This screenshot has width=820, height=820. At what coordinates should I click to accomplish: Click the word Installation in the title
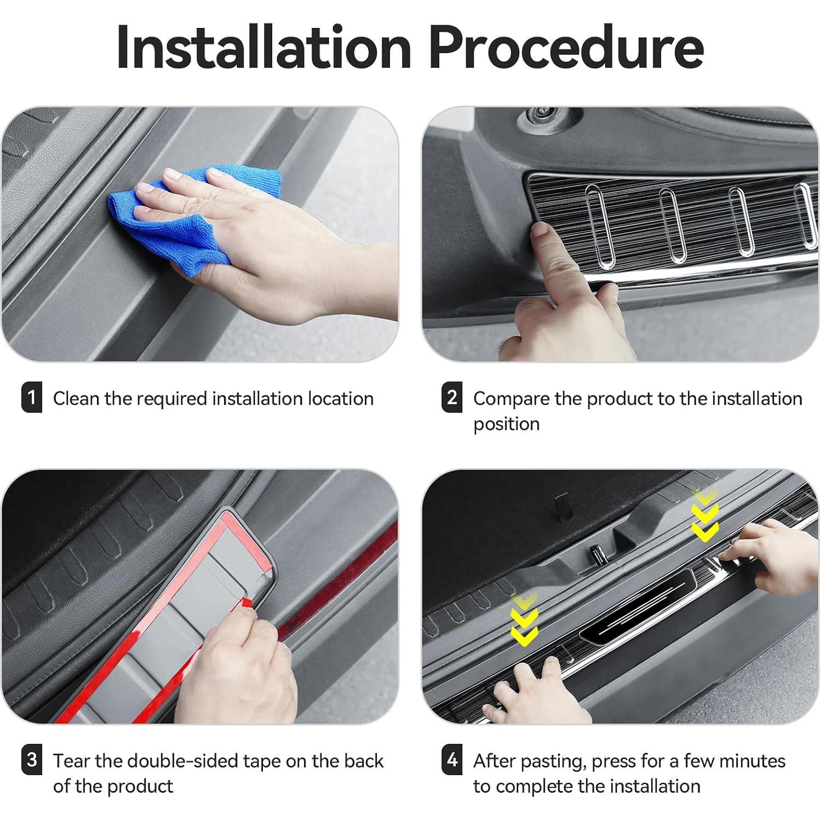[263, 48]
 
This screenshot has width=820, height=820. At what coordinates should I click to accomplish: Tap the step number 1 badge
[31, 398]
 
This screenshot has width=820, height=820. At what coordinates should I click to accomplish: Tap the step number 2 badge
[451, 398]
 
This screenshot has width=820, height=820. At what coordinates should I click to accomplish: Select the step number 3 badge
[31, 760]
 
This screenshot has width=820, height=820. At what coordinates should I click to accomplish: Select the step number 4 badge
[451, 760]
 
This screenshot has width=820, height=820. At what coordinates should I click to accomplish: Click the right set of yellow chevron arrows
[704, 515]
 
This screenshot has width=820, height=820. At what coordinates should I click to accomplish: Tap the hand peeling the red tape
[241, 668]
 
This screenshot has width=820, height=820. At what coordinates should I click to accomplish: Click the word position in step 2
[506, 425]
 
